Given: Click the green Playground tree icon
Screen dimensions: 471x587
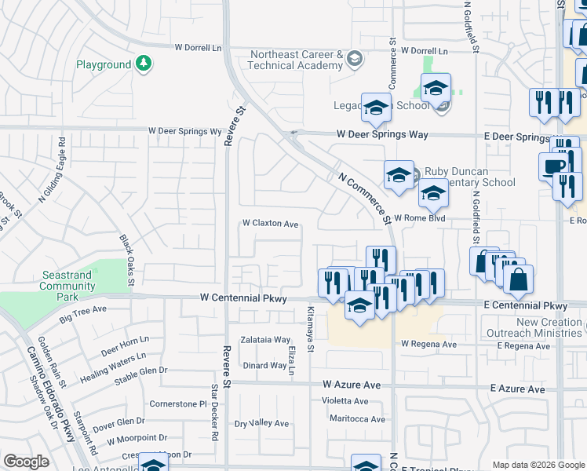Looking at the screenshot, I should (x=143, y=64).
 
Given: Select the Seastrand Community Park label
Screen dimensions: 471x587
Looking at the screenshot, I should (x=67, y=287).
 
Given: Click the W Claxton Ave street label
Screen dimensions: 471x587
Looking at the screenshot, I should (x=270, y=224).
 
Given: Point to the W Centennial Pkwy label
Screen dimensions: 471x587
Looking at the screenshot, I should (x=243, y=298).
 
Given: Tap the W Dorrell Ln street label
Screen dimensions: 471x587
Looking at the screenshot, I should (x=199, y=47).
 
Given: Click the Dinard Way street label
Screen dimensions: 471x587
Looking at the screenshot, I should (x=264, y=365).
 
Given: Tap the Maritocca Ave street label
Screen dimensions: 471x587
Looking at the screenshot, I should (x=358, y=418).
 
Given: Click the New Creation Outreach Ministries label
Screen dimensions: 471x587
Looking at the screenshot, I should (x=549, y=328).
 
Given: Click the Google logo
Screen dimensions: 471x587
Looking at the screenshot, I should (x=26, y=462).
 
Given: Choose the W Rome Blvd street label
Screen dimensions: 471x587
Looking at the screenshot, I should (x=420, y=218).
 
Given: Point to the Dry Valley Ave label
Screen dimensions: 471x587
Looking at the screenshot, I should (x=262, y=424).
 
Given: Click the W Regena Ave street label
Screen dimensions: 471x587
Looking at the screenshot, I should (x=428, y=345).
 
